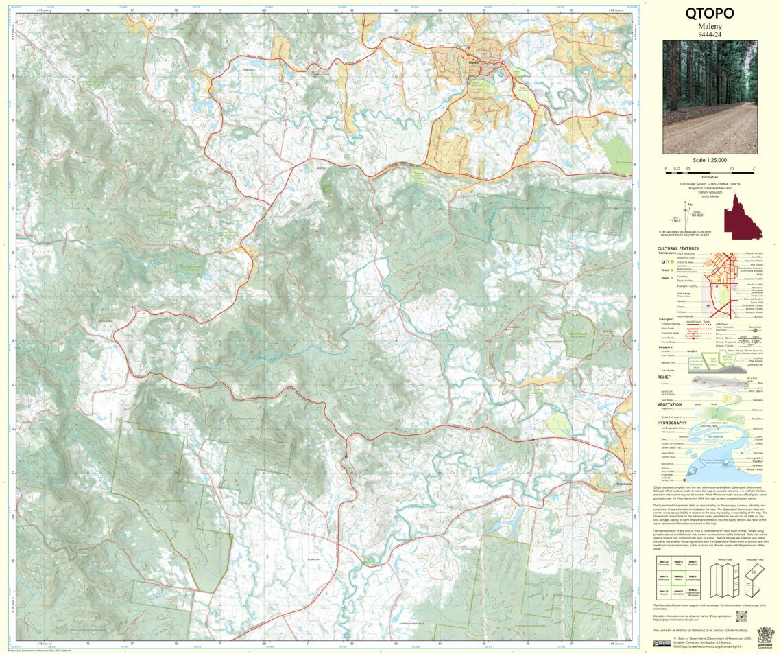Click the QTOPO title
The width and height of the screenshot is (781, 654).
coord(710,14)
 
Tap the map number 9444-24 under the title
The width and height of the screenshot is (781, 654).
coord(710,34)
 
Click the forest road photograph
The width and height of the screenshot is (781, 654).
coord(710,97)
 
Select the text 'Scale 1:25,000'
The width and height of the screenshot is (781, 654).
coord(710,160)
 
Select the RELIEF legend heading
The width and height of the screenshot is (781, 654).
coord(664,377)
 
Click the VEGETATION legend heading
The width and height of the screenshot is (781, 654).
coord(669,404)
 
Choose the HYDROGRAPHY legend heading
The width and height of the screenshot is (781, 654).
coord(673,423)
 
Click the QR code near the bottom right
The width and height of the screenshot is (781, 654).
coord(741,616)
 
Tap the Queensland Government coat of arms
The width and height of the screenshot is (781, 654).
coord(765,635)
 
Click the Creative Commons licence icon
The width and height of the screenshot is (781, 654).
coord(662,643)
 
